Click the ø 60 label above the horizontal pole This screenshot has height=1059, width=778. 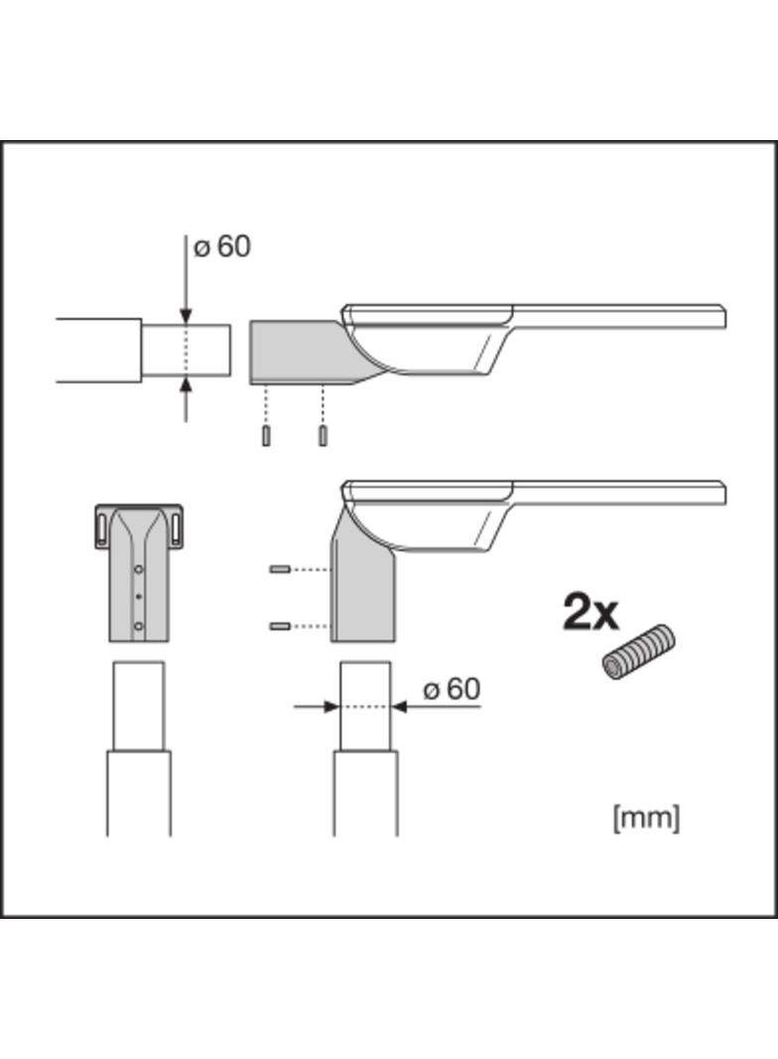pos(222,246)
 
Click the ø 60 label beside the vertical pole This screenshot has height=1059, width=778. pos(452,688)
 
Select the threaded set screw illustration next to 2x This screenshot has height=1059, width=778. pos(638,653)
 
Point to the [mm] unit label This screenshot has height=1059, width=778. pos(647,818)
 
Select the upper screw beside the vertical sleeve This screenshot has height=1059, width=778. pos(279,569)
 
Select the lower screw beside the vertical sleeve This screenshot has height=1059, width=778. pos(279,626)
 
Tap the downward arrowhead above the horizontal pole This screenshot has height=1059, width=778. pos(186,316)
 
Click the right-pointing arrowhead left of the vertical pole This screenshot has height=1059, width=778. pos(331,706)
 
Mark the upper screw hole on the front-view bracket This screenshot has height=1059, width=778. pos(139,569)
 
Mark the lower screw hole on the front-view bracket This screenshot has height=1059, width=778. pos(139,626)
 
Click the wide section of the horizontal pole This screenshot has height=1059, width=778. pos(98,351)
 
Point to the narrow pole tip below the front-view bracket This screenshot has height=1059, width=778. pos(139,705)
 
